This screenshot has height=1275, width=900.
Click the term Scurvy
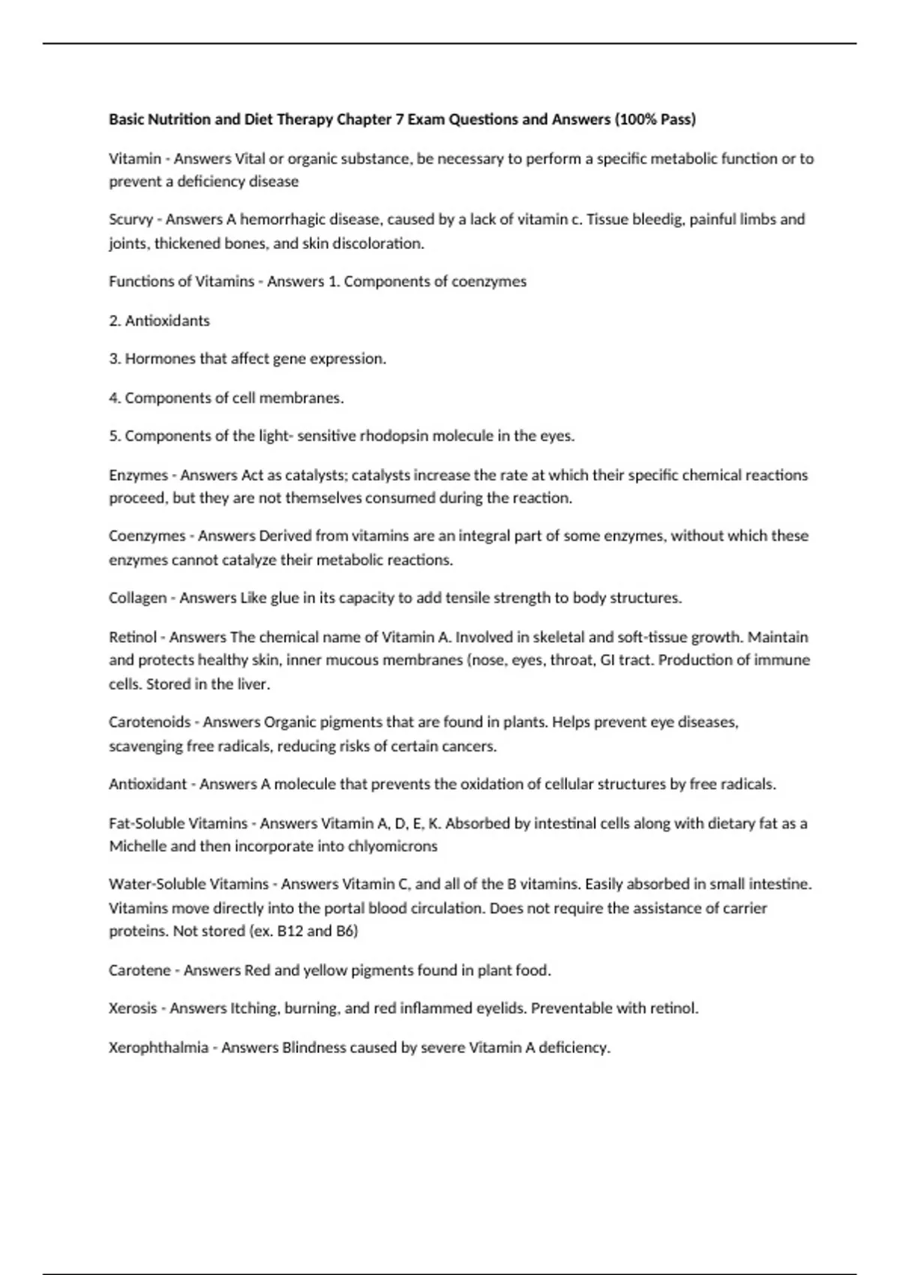pos(130,220)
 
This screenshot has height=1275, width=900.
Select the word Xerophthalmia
pos(158,1048)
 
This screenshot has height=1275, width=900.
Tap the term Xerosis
pos(133,1009)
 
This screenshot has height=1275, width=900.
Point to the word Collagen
pos(137,598)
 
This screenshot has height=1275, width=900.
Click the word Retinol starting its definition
pos(133,637)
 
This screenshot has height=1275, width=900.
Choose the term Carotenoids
pos(149,722)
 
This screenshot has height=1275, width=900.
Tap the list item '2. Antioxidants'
pos(159,321)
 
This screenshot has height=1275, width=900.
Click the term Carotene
pos(139,970)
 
